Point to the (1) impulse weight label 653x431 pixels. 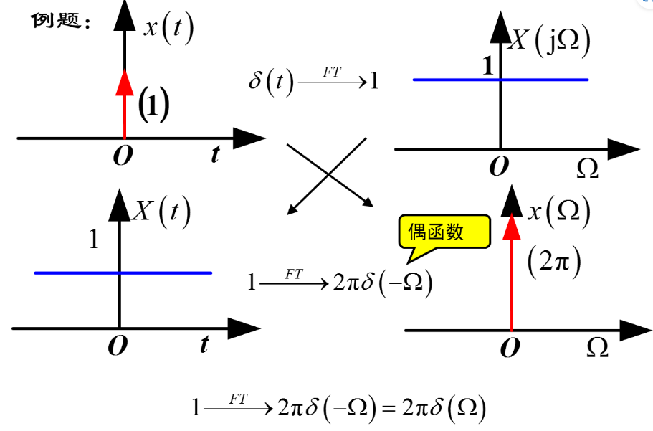point(153,105)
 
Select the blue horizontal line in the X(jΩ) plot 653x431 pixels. point(545,80)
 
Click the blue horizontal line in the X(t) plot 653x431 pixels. point(165,273)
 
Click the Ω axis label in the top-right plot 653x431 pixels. point(587,169)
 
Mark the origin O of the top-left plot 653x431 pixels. point(123,156)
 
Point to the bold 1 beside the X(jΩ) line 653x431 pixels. point(489,67)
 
